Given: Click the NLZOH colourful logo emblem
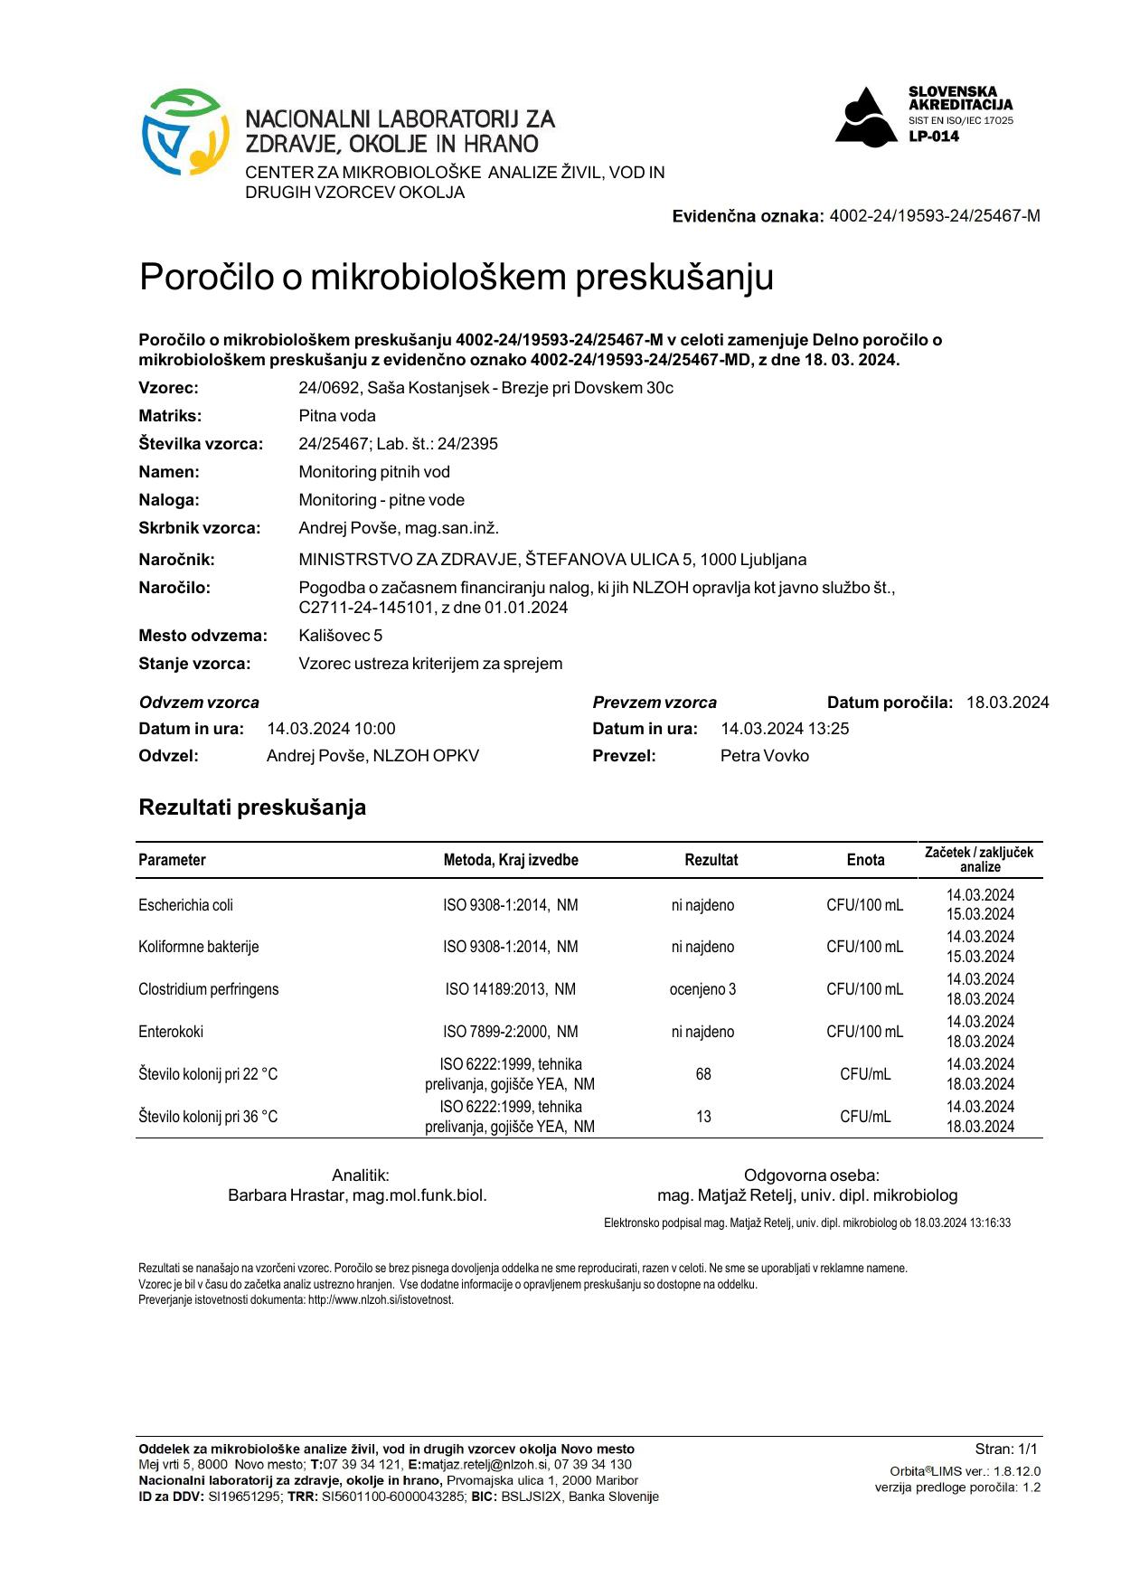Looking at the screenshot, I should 184,132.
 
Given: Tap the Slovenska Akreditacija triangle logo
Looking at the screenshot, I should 867,117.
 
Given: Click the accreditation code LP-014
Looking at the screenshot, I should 934,137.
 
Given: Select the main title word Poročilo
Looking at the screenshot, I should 206,277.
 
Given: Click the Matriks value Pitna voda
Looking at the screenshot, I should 336,416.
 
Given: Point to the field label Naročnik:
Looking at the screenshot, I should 176,560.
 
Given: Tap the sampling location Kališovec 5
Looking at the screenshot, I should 340,636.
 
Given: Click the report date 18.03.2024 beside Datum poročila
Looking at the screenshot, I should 1007,703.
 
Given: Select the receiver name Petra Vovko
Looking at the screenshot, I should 764,756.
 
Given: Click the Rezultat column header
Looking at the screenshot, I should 711,860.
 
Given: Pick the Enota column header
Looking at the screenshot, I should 865,860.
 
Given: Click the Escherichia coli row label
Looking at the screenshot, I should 185,905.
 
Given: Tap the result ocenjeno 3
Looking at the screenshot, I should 702,989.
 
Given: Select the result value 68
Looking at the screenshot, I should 703,1074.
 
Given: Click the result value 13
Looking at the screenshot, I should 703,1117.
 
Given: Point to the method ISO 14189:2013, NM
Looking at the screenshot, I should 510,989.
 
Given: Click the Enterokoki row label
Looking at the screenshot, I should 171,1032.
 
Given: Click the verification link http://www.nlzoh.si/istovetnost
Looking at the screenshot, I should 380,1300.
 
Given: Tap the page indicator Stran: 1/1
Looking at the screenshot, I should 1006,1449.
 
